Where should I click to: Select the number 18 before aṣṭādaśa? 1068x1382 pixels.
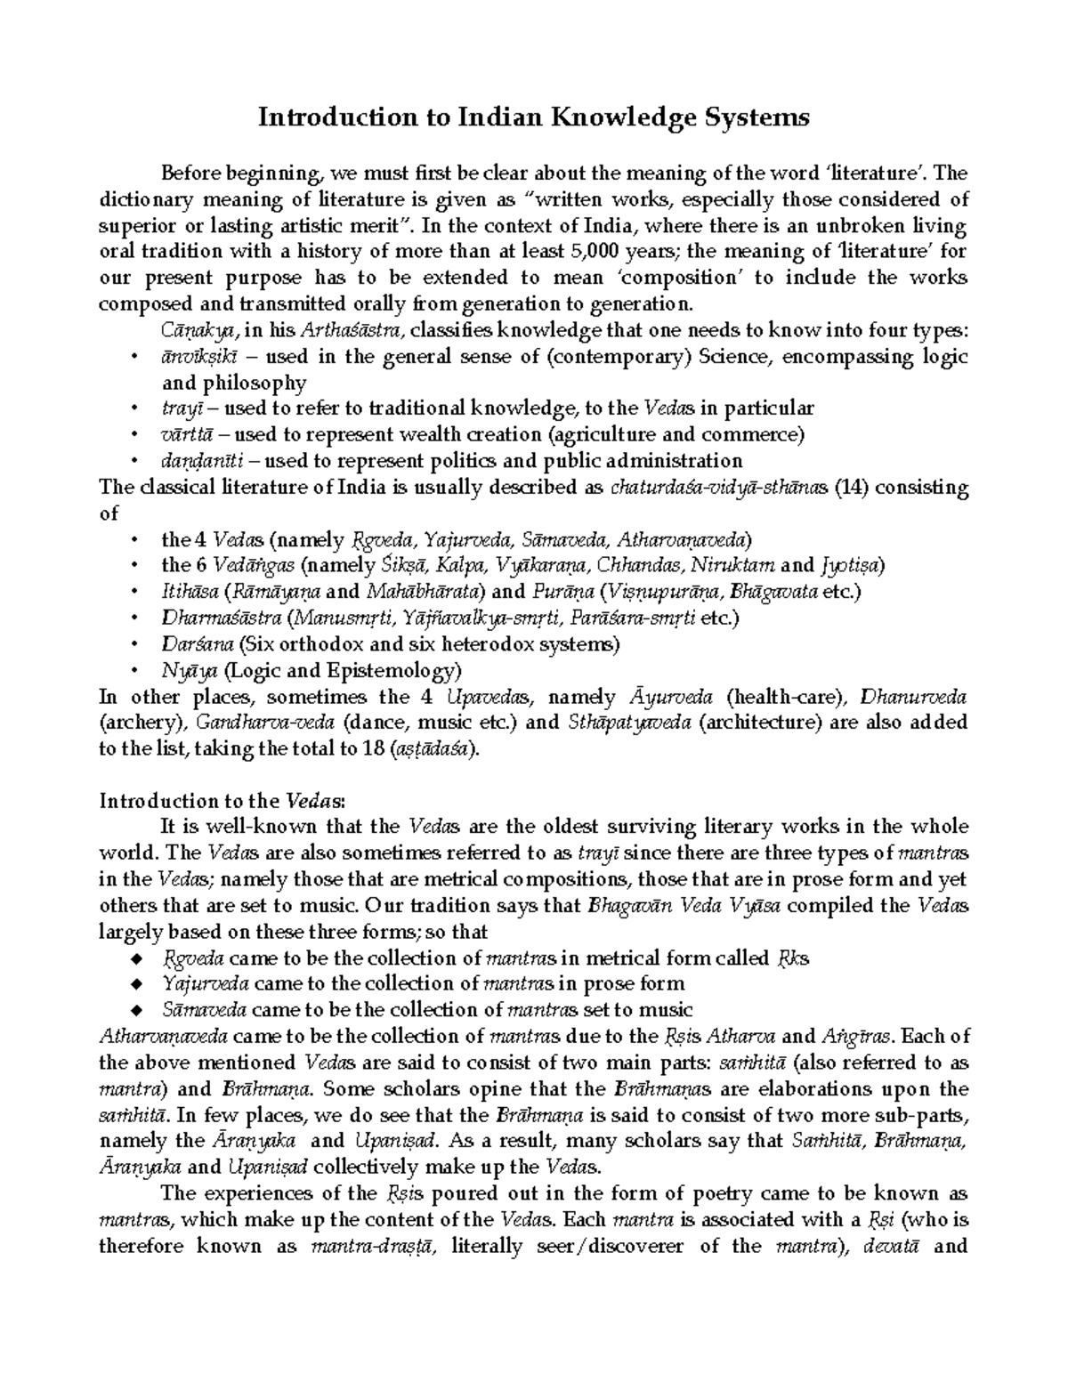point(373,748)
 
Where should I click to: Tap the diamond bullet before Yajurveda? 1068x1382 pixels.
point(135,984)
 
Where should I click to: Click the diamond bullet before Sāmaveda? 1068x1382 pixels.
point(135,1010)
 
